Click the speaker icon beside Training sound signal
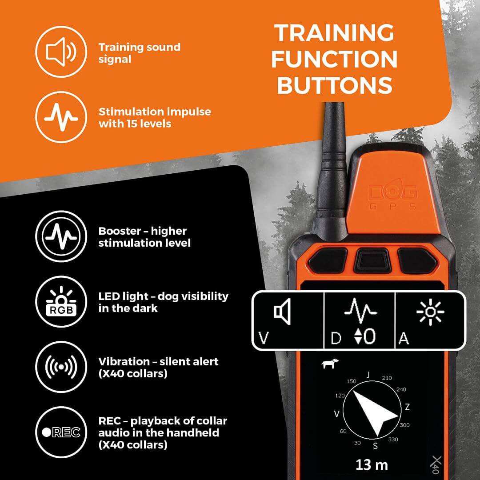click(61, 52)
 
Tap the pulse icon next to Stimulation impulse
click(61, 117)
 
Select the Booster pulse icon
click(61, 236)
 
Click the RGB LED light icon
click(61, 301)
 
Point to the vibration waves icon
click(61, 367)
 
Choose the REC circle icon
click(61, 432)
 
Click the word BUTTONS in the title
click(335, 85)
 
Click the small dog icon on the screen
click(330, 364)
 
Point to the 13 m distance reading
click(372, 465)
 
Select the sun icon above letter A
click(430, 312)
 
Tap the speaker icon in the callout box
click(282, 312)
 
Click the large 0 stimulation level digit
click(370, 336)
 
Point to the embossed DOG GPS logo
click(393, 197)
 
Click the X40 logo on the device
click(437, 464)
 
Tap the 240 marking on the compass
click(401, 389)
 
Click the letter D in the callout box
click(336, 338)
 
